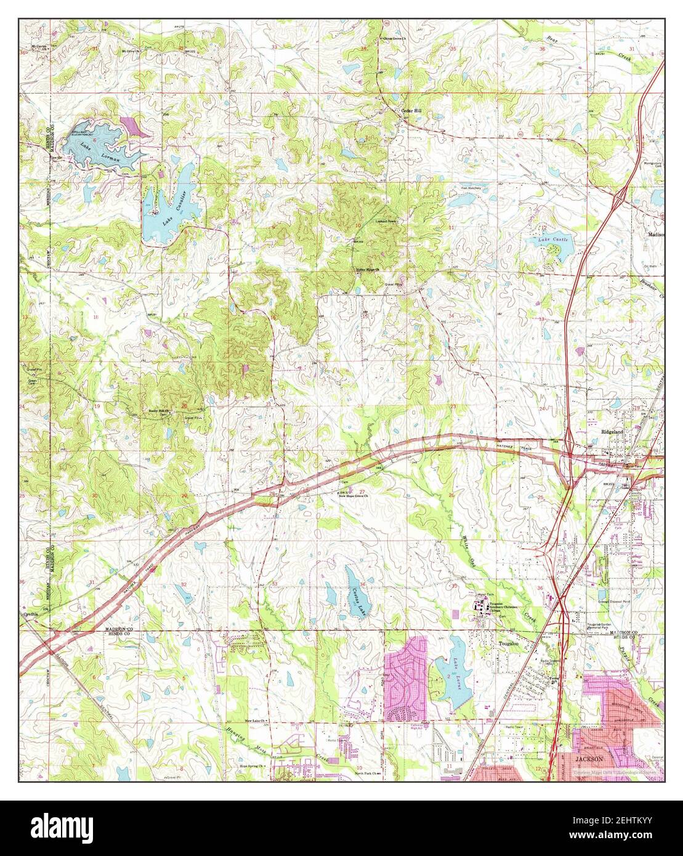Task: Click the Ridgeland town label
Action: click(613, 432)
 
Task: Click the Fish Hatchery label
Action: click(471, 188)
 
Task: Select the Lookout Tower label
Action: click(387, 220)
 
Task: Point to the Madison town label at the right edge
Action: click(656, 235)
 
